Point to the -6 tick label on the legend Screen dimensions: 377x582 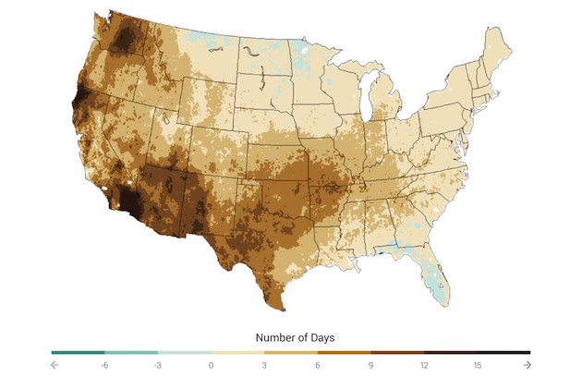click(x=104, y=365)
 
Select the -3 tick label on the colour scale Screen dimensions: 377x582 click(x=158, y=365)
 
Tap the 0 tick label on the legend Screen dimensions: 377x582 click(x=212, y=365)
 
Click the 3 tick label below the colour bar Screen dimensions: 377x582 click(x=264, y=365)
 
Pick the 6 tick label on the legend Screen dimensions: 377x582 click(x=318, y=365)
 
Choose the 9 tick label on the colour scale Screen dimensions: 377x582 click(x=370, y=365)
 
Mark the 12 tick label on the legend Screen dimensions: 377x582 click(x=424, y=365)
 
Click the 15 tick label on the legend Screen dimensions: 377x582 click(x=477, y=365)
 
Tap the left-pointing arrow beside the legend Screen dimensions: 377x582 click(x=55, y=365)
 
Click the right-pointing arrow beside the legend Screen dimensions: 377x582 click(x=527, y=365)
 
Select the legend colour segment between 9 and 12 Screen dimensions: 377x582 click(x=397, y=352)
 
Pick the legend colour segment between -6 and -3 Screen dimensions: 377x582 click(x=131, y=352)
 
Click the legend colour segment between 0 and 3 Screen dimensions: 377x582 click(x=237, y=352)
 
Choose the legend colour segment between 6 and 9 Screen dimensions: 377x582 click(x=344, y=352)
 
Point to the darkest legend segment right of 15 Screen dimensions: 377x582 click(x=503, y=352)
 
